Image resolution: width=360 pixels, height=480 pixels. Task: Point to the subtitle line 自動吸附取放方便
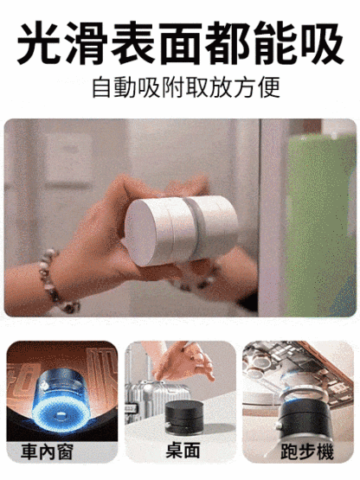[x=180, y=87]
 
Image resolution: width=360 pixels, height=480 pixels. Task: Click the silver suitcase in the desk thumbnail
[x=144, y=406]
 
